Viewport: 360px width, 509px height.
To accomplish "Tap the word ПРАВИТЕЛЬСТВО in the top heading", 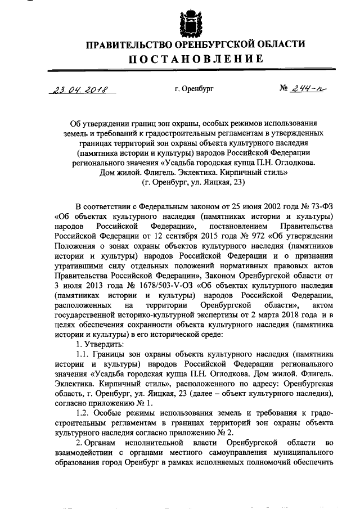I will click(130, 44).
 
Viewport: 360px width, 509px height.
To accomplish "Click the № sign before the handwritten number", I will click(285, 88).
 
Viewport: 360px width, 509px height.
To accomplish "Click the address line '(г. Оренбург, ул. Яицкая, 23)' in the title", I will click(193, 183).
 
